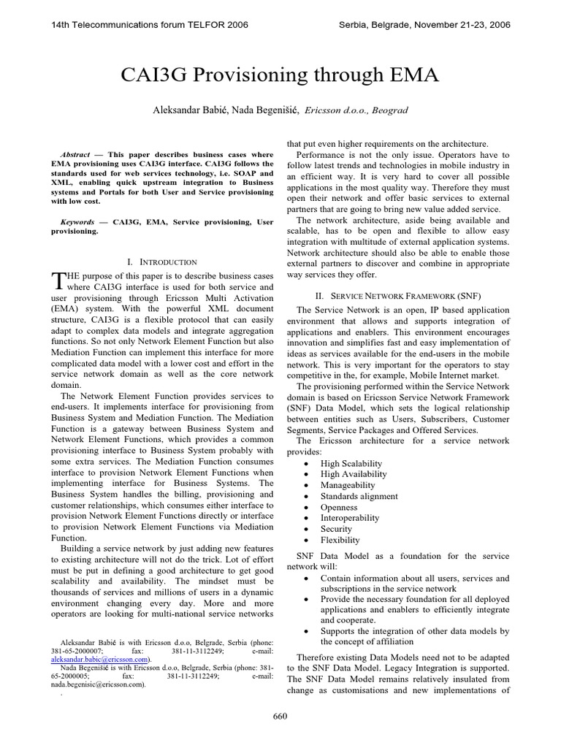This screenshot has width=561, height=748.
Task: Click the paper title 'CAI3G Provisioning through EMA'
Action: (280, 75)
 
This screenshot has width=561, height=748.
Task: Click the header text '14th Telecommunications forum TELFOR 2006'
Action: (149, 25)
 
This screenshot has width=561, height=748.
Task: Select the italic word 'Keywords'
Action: (77, 221)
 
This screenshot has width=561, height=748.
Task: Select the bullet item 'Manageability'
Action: (348, 485)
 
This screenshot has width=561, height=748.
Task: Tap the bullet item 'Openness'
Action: (339, 507)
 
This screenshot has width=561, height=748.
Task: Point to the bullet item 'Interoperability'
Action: (350, 518)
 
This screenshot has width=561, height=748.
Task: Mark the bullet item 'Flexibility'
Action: (340, 540)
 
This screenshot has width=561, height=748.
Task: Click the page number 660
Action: (280, 717)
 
